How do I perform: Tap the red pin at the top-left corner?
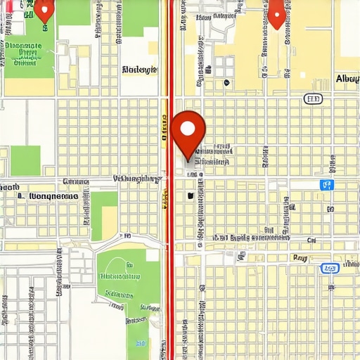click(x=44, y=8)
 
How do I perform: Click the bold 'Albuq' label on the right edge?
click(x=347, y=78)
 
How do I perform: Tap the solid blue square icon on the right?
click(x=327, y=185)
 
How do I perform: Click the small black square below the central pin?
click(x=190, y=195)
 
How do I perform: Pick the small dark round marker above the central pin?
click(x=226, y=82)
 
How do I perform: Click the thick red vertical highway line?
click(x=169, y=281)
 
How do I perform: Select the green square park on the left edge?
click(x=25, y=160)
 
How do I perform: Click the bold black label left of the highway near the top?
click(x=141, y=70)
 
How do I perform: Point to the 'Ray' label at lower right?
click(x=300, y=258)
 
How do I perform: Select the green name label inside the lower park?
click(x=120, y=276)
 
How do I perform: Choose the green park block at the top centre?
click(x=141, y=18)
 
